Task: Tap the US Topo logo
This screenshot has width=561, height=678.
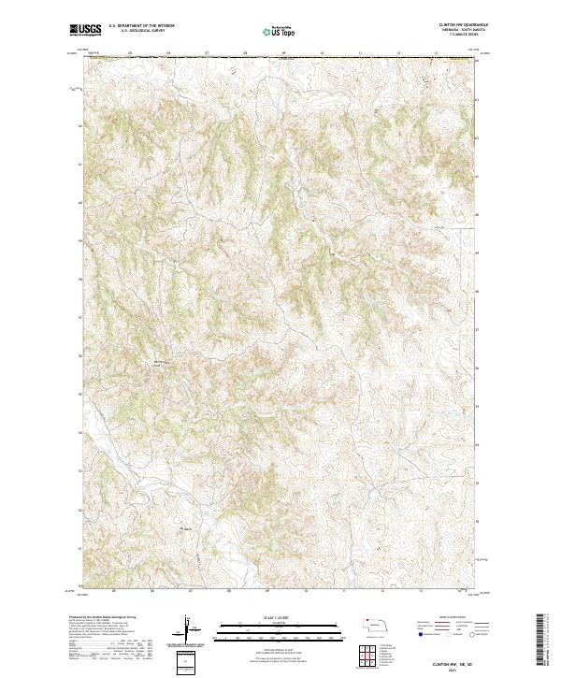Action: point(271,31)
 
